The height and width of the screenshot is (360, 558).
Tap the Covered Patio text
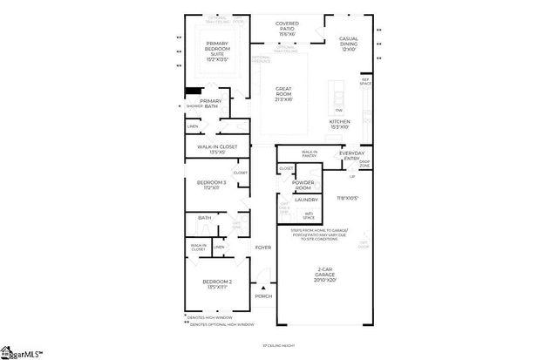click(x=287, y=28)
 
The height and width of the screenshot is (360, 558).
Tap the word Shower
click(x=194, y=106)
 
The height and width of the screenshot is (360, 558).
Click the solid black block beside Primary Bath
click(x=193, y=90)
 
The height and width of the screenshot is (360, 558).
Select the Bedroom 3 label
click(x=214, y=185)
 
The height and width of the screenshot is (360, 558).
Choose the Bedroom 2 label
click(x=217, y=284)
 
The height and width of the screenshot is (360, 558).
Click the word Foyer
click(x=262, y=248)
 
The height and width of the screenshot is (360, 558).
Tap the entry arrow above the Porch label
click(x=262, y=287)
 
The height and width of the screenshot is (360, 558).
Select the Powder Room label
click(x=303, y=185)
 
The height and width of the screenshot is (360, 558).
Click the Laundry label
click(x=306, y=200)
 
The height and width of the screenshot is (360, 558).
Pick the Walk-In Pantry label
click(x=309, y=153)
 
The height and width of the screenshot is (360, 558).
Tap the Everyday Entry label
click(x=340, y=155)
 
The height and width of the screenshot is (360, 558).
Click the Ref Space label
click(x=365, y=82)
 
